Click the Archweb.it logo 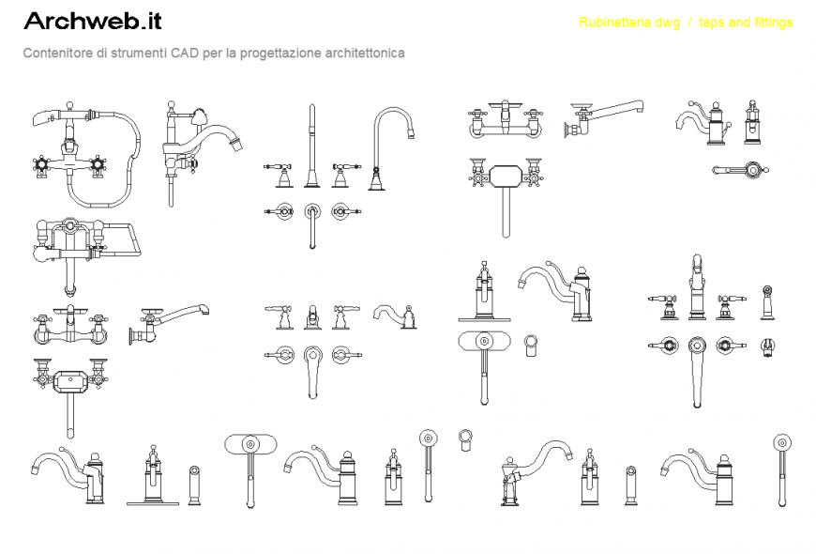click(93, 21)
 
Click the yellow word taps click(711, 23)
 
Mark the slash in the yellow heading click(689, 23)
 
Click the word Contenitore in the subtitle click(57, 53)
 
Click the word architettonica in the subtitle click(365, 53)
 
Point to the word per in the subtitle click(212, 54)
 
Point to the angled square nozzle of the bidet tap click(236, 144)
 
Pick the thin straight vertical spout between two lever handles click(311, 146)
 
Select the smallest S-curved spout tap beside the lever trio click(395, 316)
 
